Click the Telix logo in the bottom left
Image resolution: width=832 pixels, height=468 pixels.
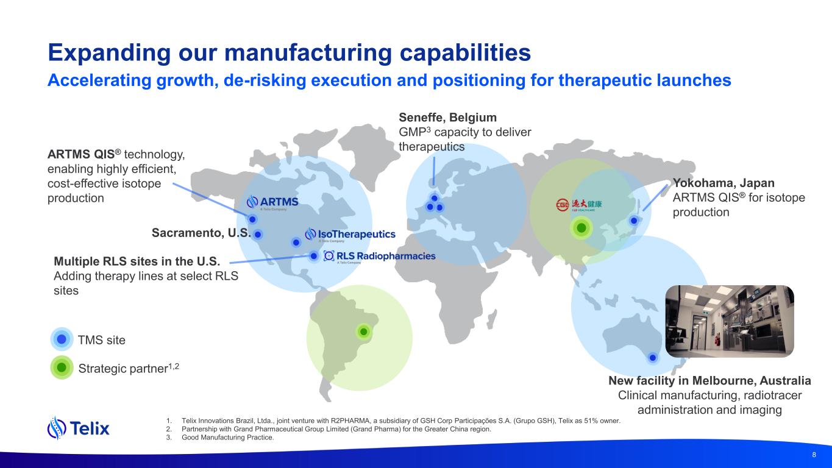coord(79,428)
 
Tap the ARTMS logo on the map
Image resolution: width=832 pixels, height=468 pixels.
coord(272,203)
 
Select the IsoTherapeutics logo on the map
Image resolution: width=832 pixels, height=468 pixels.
coord(350,235)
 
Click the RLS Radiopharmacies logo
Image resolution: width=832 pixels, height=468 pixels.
coord(379,257)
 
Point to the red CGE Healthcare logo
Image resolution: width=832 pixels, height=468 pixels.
coord(578,205)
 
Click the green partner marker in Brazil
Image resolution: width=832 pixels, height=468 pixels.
coord(364,331)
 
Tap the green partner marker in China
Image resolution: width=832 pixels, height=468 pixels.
coord(581,228)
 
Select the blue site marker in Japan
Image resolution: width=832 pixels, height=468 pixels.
coord(634,221)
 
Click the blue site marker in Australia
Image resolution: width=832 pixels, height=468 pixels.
coord(653,358)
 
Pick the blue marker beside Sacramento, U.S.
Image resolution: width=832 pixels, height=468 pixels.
coord(258,235)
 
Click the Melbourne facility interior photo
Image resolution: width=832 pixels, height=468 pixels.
coord(730,321)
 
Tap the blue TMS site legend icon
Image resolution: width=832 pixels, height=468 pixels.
coord(62,339)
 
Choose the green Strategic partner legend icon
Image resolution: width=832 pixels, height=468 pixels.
coord(62,367)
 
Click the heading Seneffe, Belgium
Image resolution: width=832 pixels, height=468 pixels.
coord(447,118)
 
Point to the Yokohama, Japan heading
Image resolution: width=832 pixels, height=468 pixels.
coord(724,183)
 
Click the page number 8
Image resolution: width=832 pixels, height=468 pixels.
coord(814,455)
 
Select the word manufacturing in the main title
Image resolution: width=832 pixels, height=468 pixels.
coord(308,53)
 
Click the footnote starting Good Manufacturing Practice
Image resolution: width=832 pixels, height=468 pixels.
coord(228,438)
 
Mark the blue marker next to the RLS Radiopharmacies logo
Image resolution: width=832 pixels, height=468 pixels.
coord(313,256)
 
